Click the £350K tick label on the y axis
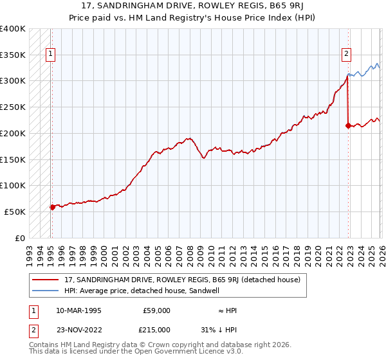point(13,55)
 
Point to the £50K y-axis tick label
point(15,212)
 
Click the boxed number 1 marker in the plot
point(51,55)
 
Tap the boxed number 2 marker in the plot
point(346,55)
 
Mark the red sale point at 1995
point(52,207)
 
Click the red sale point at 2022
point(347,125)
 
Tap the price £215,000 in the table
point(156,330)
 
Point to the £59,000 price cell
point(156,310)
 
